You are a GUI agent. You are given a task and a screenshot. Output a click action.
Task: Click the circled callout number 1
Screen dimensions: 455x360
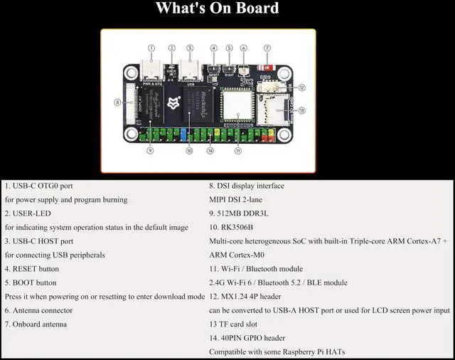pos(151,48)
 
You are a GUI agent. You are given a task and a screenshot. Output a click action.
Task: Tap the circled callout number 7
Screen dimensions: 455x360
pos(267,48)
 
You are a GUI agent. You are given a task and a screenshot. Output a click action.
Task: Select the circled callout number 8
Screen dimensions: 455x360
pos(117,102)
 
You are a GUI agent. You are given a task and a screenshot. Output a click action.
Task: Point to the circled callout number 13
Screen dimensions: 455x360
pos(301,110)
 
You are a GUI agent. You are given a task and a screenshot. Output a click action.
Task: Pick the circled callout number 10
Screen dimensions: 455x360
pos(189,151)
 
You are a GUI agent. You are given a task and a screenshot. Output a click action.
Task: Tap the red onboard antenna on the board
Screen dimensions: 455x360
pos(268,70)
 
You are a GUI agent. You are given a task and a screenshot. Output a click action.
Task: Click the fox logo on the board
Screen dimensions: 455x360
pos(172,104)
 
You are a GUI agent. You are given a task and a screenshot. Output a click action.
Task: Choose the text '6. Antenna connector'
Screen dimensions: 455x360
pos(38,310)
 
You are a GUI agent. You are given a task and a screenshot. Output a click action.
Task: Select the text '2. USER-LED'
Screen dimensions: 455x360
pos(28,213)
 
